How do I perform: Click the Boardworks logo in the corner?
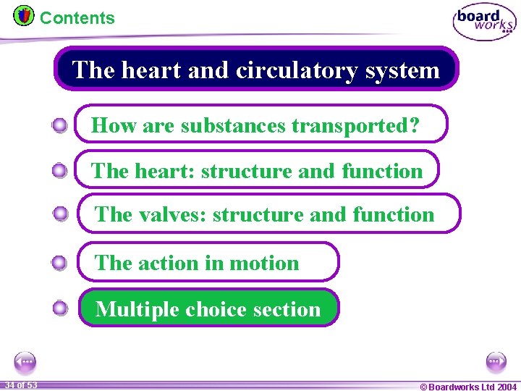(x=484, y=22)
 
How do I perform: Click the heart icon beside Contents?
(x=24, y=15)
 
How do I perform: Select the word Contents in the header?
(x=77, y=18)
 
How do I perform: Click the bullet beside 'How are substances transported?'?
(x=60, y=126)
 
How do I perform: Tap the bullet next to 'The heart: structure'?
(x=60, y=171)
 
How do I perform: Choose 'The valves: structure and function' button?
(x=268, y=214)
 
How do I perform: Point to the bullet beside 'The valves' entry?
(x=61, y=214)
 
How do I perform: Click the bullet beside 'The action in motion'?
(x=60, y=263)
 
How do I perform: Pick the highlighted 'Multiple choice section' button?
(x=208, y=308)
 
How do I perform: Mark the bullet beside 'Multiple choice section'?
(x=61, y=308)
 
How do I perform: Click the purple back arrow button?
(x=25, y=361)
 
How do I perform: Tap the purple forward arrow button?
(x=496, y=361)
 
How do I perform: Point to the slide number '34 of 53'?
(x=20, y=384)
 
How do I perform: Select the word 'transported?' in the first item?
(x=355, y=125)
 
